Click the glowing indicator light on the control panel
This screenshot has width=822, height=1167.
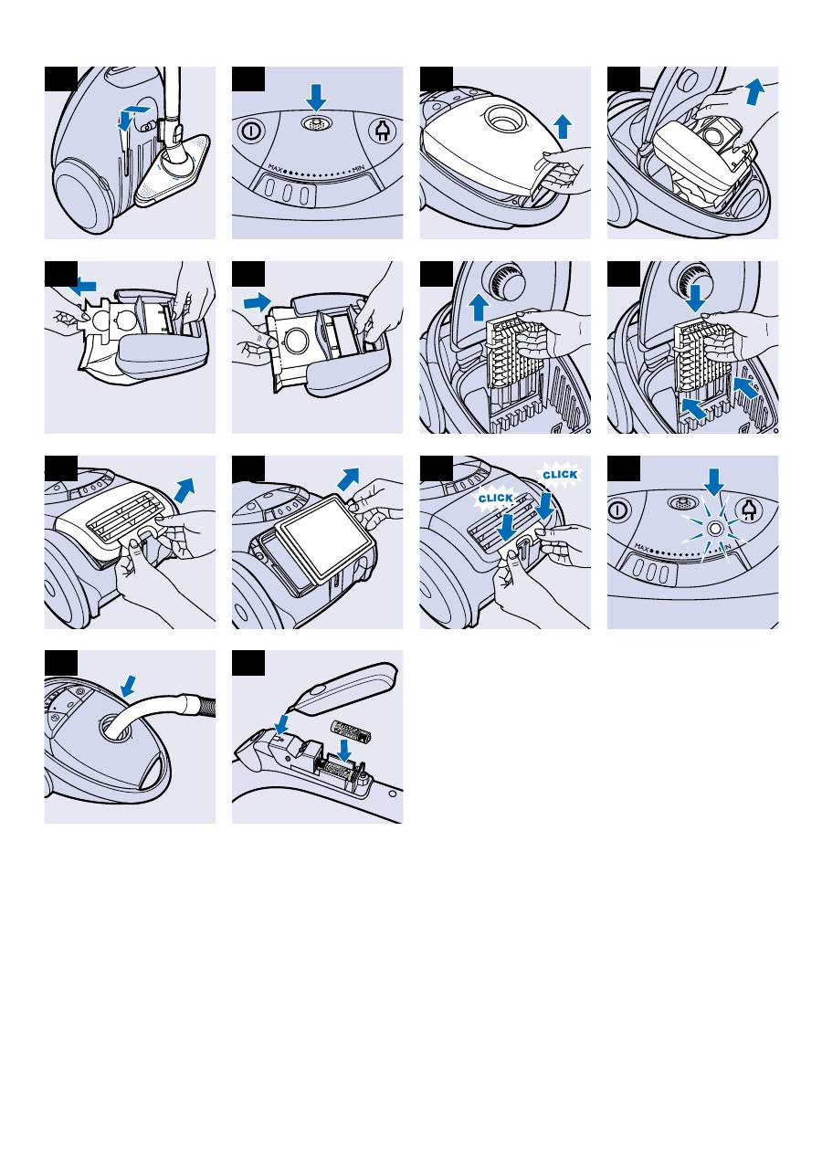pyautogui.click(x=715, y=528)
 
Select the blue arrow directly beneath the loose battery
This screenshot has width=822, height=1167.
pyautogui.click(x=346, y=751)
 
